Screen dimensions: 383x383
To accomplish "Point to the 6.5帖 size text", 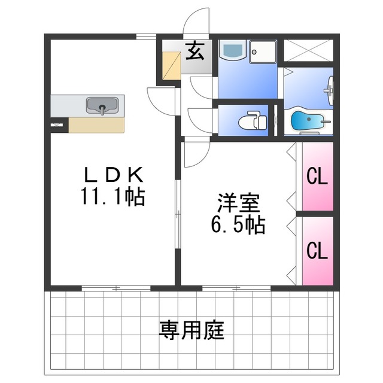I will click(x=238, y=225).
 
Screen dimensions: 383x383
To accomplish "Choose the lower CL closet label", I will click(x=317, y=250).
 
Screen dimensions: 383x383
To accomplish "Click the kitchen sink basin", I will click(x=102, y=106).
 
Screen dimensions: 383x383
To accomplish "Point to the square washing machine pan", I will click(x=263, y=51).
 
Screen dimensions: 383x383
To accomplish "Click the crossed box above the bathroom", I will click(x=308, y=50).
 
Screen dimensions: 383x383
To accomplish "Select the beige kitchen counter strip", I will click(x=96, y=124).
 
